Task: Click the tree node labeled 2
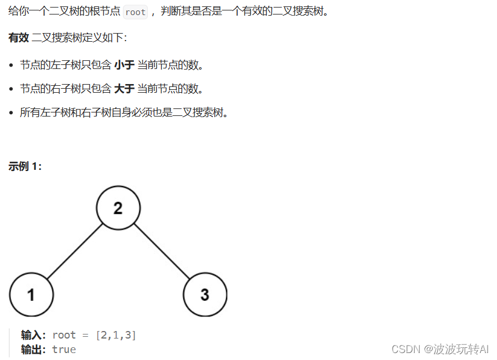118,208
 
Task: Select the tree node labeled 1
31,294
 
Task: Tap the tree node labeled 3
205,294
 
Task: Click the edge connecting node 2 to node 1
75,252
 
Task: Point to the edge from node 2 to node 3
162,252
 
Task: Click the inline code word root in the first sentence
135,12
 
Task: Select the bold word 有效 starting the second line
19,38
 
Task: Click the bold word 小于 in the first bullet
124,65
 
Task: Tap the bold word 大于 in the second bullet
124,89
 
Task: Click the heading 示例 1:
25,166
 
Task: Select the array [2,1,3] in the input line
116,335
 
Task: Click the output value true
64,349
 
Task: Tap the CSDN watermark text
405,348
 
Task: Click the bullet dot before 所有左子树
11,112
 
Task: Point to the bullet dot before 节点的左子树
11,66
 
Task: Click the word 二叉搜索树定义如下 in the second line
79,38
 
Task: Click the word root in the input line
64,335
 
